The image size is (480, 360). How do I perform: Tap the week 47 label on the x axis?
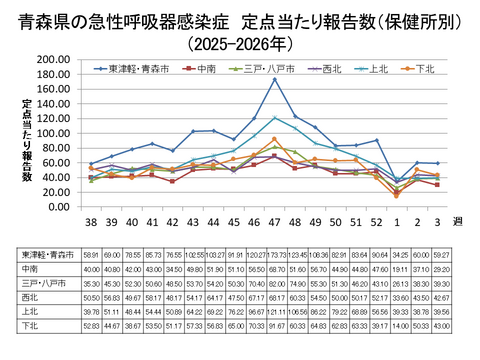pyautogui.click(x=275, y=220)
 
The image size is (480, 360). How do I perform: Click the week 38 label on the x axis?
pyautogui.click(x=91, y=220)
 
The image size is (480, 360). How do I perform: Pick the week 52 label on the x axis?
pyautogui.click(x=376, y=220)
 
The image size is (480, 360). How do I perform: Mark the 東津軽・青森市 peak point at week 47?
pyautogui.click(x=275, y=80)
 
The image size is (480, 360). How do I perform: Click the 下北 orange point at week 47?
pyautogui.click(x=275, y=140)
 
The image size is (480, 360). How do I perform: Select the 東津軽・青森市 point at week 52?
pyautogui.click(x=376, y=141)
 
